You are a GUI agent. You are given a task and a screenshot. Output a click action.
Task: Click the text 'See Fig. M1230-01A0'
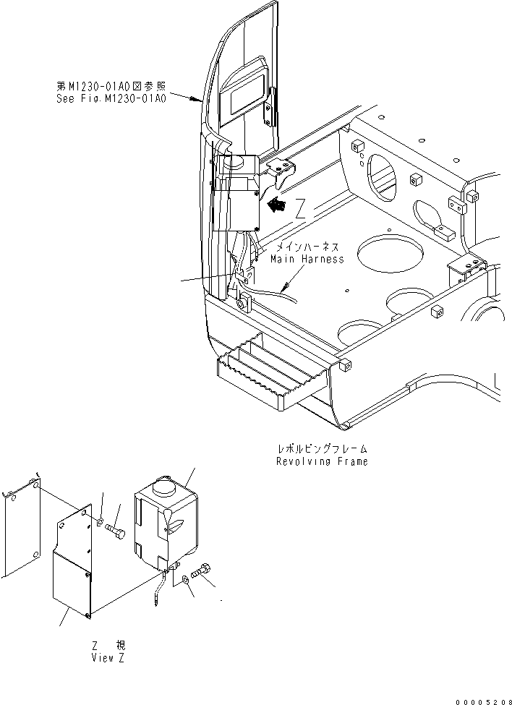point(111,97)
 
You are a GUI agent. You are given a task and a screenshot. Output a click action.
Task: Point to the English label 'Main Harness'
point(307,259)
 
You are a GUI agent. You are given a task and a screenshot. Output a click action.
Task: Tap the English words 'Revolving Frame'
point(321,461)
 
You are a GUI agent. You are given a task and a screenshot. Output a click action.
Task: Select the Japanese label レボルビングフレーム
point(321,449)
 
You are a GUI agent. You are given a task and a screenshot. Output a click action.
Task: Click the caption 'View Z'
point(111,658)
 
